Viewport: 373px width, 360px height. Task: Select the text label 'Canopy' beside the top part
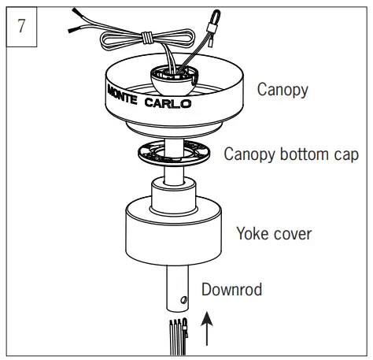pyautogui.click(x=283, y=89)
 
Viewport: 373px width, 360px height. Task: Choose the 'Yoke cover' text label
pyautogui.click(x=274, y=233)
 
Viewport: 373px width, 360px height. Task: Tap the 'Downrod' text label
pyautogui.click(x=231, y=289)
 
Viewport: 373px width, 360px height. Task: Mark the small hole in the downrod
pyautogui.click(x=183, y=299)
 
